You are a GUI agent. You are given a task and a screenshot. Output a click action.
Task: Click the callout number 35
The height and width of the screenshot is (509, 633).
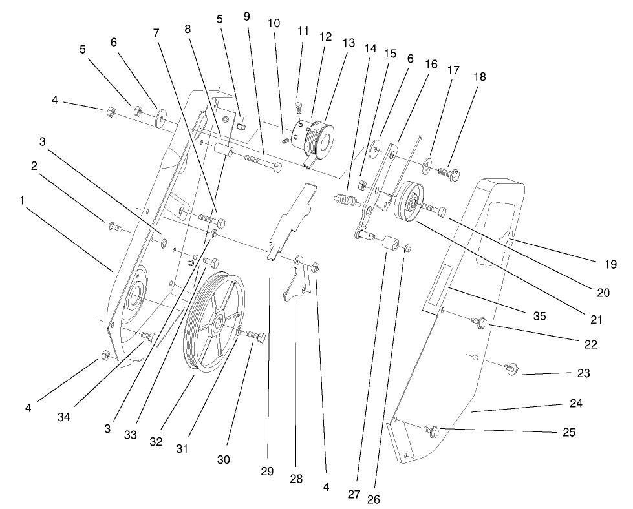click(539, 317)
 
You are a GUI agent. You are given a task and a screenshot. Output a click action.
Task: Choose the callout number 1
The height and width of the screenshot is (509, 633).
click(22, 201)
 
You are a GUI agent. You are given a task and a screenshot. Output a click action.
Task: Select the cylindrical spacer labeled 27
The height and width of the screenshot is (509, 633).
click(390, 245)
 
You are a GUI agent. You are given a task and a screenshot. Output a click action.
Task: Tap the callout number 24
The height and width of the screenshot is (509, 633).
click(576, 403)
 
